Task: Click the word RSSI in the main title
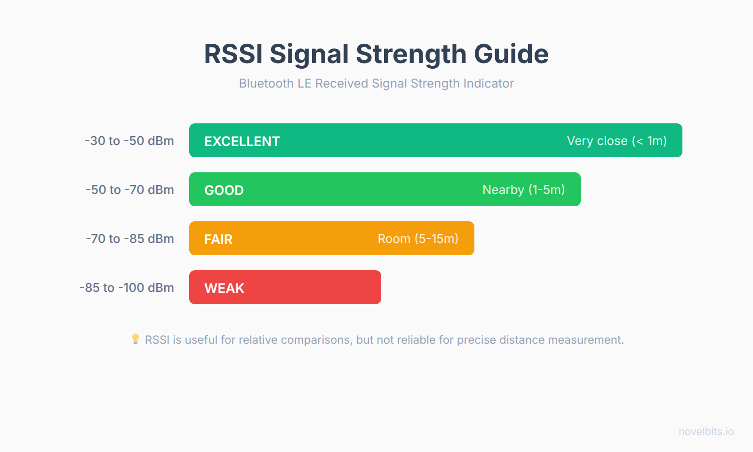[233, 54]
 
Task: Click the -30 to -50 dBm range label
[129, 141]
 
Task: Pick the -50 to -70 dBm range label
[130, 190]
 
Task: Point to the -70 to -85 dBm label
[130, 239]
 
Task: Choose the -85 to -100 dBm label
[127, 288]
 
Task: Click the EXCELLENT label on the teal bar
[242, 141]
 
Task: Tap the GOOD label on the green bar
[224, 190]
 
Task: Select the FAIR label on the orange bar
[218, 239]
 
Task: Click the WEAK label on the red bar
[224, 288]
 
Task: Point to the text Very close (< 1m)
[617, 141]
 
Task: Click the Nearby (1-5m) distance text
[523, 190]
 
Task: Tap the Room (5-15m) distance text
[418, 239]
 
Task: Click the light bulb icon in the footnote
[136, 339]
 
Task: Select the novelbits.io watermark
[706, 432]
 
